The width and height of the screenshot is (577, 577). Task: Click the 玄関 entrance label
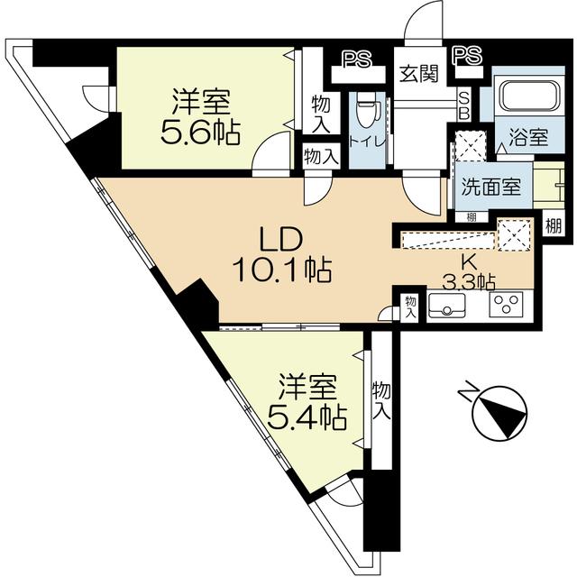click(x=419, y=74)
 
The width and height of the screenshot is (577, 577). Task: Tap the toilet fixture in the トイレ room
click(x=366, y=109)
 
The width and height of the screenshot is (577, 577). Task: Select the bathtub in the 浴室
click(x=529, y=95)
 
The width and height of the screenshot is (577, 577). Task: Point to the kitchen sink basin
click(x=446, y=306)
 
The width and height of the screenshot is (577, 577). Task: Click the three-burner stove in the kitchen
click(x=506, y=305)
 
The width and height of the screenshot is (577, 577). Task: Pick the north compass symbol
click(x=494, y=409)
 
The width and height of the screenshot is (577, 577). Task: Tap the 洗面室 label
click(x=490, y=187)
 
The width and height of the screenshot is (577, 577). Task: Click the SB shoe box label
click(x=464, y=106)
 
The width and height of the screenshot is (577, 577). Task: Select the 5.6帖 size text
click(x=200, y=133)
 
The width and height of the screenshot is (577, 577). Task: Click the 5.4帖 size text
click(x=307, y=417)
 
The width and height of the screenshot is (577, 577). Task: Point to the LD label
click(x=280, y=239)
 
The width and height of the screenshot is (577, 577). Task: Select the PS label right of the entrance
click(x=467, y=55)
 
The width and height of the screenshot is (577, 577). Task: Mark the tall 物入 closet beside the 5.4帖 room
click(x=381, y=400)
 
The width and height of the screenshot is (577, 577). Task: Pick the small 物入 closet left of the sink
click(x=410, y=307)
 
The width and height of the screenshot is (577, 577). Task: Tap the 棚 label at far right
click(x=554, y=225)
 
